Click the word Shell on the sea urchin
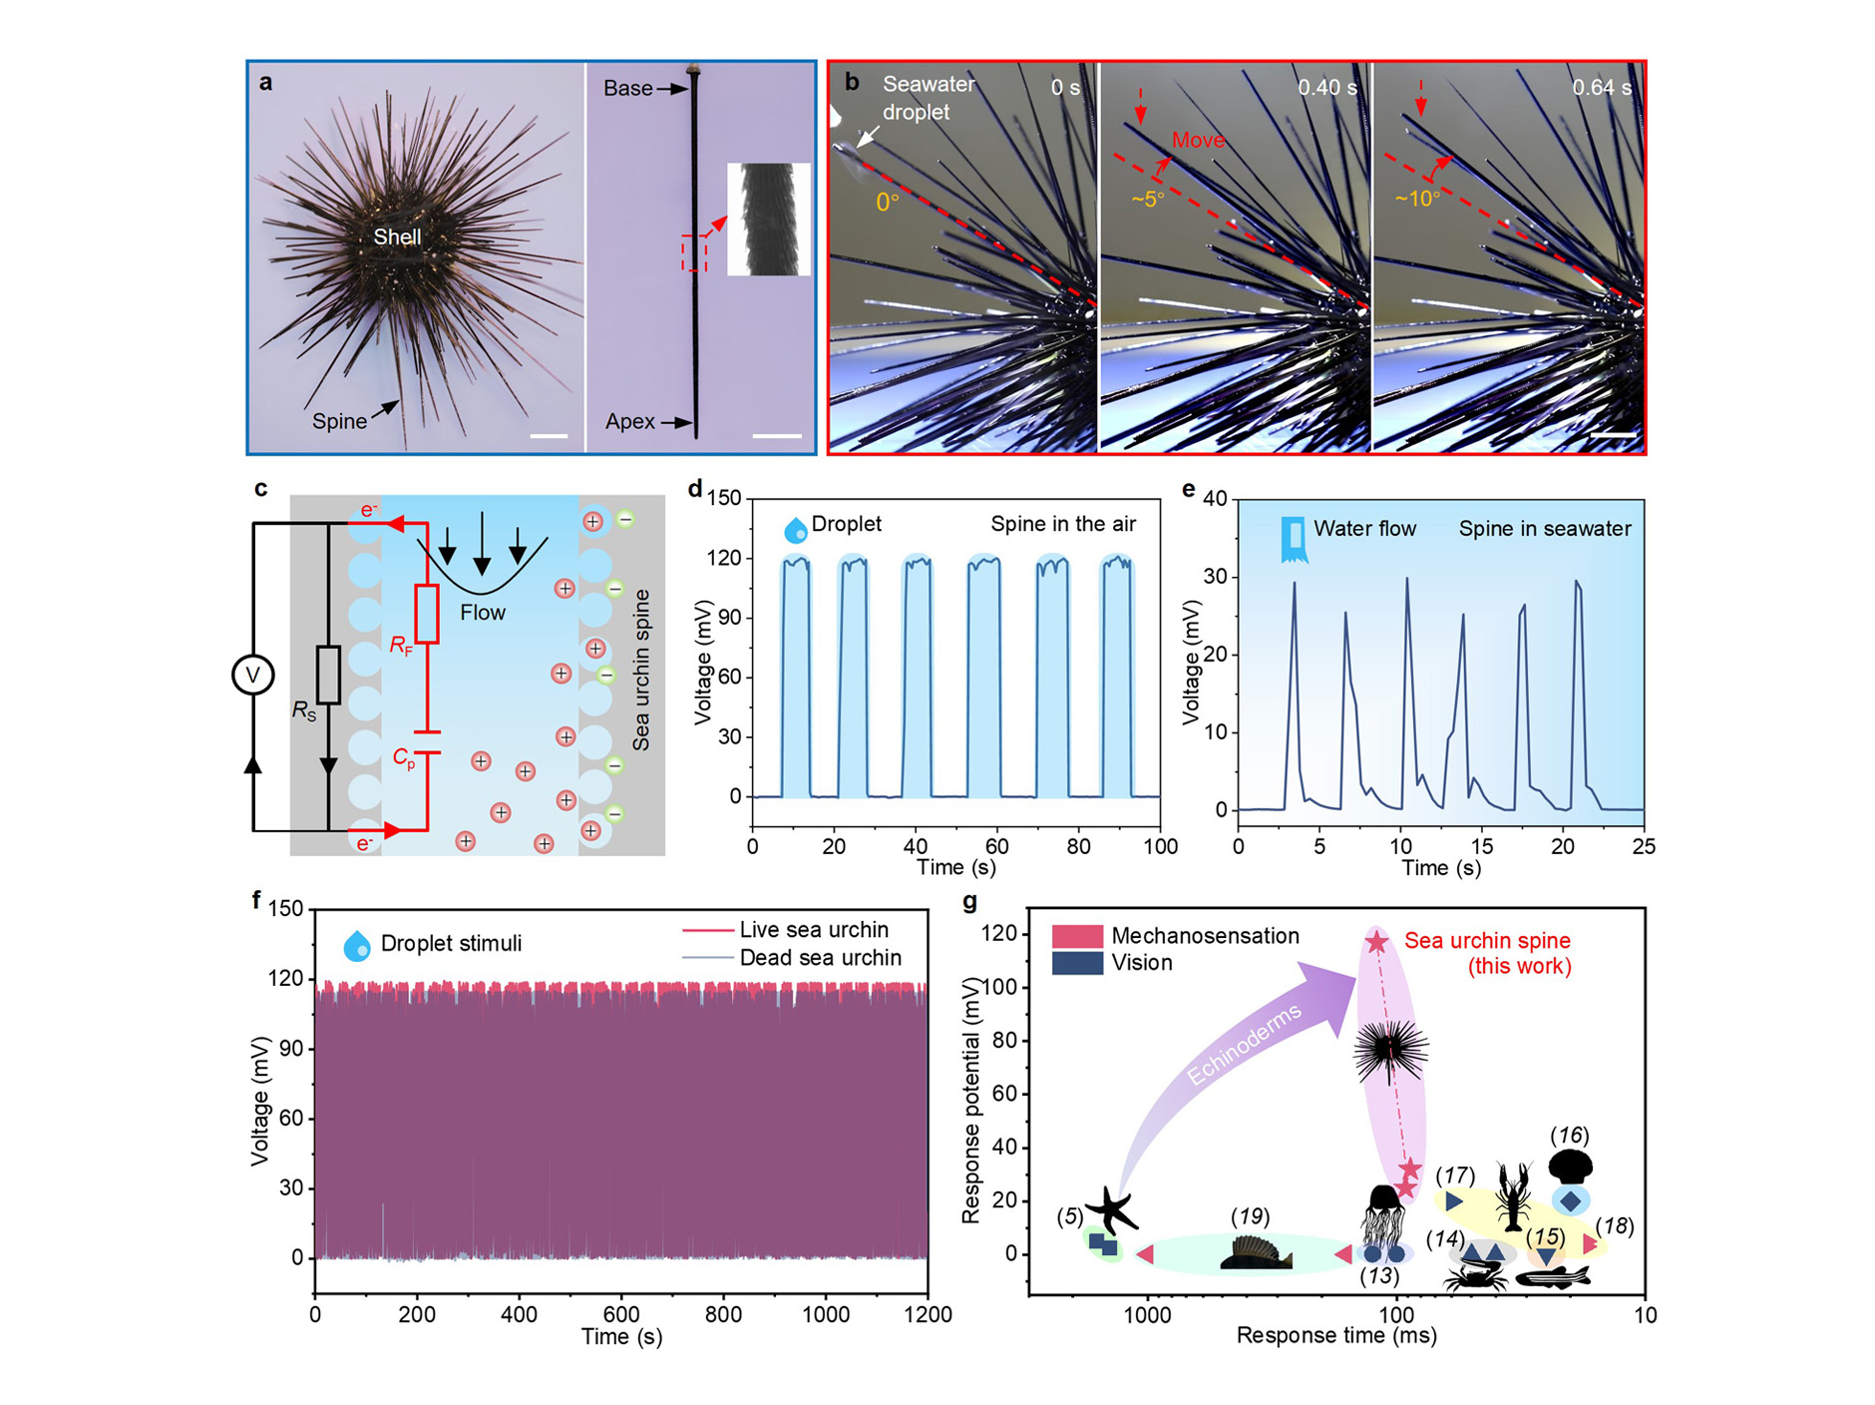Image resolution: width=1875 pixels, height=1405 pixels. [397, 236]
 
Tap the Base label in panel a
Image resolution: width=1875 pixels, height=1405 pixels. [628, 89]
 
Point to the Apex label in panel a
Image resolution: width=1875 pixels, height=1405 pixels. [630, 422]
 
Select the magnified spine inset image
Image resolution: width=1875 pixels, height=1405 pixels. [768, 220]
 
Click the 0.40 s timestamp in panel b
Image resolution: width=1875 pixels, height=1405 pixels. [1326, 88]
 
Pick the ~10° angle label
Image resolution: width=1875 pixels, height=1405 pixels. [1417, 199]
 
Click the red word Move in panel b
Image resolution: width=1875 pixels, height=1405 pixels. [1198, 140]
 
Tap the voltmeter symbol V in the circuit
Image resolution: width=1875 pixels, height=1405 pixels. [252, 676]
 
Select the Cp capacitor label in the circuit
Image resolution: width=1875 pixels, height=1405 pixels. [404, 759]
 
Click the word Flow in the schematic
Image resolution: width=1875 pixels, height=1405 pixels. [483, 613]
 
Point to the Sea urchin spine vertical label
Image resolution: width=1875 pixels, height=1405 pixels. [641, 670]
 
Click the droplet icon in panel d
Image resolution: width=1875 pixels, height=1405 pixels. [795, 529]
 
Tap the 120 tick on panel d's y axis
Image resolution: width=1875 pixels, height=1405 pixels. [725, 558]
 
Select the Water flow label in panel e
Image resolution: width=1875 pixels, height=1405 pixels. [1364, 529]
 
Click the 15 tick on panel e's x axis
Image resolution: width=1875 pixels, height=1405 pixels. [1482, 846]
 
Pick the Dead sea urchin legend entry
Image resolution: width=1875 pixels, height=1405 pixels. [820, 958]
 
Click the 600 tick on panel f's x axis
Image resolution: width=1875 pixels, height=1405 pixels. [621, 1315]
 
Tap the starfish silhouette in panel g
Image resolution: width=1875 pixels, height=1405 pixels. [1111, 1210]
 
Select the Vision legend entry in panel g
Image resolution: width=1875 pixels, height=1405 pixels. [1141, 963]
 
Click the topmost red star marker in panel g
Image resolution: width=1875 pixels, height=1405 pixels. [1376, 941]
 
